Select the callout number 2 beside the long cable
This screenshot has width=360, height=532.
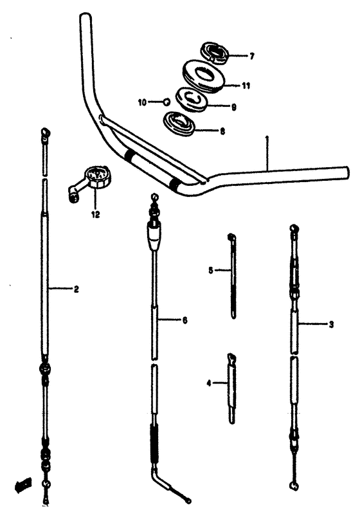pyautogui.click(x=76, y=289)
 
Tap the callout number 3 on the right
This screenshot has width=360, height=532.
pyautogui.click(x=330, y=325)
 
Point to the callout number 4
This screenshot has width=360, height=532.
pyautogui.click(x=208, y=384)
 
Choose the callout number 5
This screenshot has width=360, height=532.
pyautogui.click(x=210, y=271)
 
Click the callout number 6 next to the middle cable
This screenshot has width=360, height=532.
pyautogui.click(x=184, y=320)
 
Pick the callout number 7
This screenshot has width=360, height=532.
pyautogui.click(x=251, y=57)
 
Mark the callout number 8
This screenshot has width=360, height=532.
pyautogui.click(x=222, y=131)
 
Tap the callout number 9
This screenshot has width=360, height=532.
pyautogui.click(x=233, y=107)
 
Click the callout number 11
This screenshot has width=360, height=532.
pyautogui.click(x=246, y=85)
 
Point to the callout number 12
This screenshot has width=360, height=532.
pyautogui.click(x=95, y=215)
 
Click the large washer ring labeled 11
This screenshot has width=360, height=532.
pyautogui.click(x=204, y=75)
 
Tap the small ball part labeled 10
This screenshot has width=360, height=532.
pyautogui.click(x=165, y=101)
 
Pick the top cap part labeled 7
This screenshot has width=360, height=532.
pyautogui.click(x=214, y=52)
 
